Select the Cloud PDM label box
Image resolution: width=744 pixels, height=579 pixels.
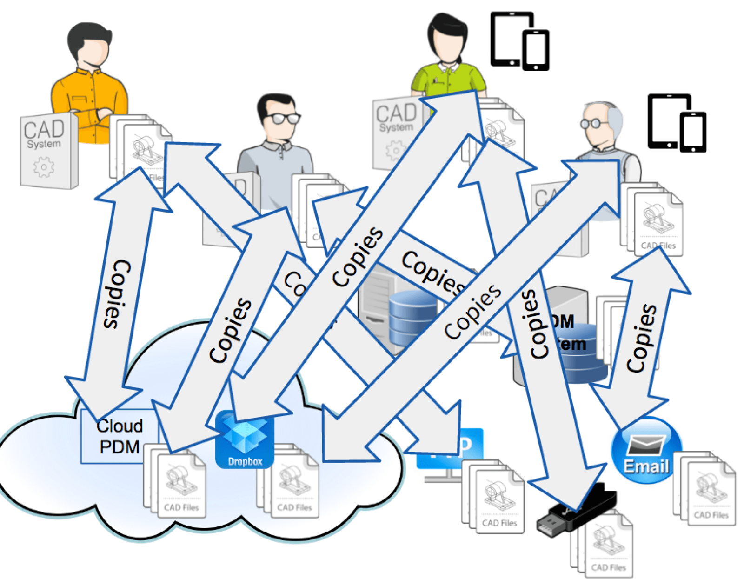coord(119,436)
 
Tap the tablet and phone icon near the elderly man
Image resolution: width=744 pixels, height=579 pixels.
coord(677,123)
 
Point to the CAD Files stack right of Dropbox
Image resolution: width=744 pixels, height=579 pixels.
coord(291,484)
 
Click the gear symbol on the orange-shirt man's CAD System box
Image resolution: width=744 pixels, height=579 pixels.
coord(44,166)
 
